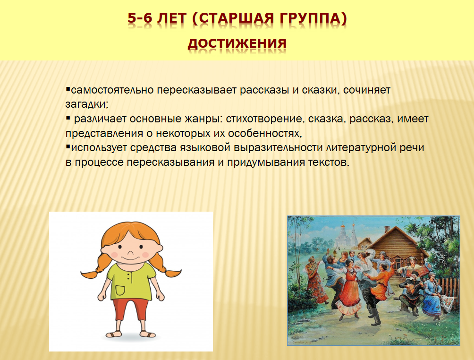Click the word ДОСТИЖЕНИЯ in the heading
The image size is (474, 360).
tap(237, 43)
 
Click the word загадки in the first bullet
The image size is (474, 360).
tap(85, 104)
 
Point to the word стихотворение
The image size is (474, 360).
tap(263, 119)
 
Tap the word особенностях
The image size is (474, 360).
tap(264, 133)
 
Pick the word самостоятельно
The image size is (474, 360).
tap(112, 90)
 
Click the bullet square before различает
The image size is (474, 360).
tap(68, 117)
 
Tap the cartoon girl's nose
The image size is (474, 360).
tap(130, 253)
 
